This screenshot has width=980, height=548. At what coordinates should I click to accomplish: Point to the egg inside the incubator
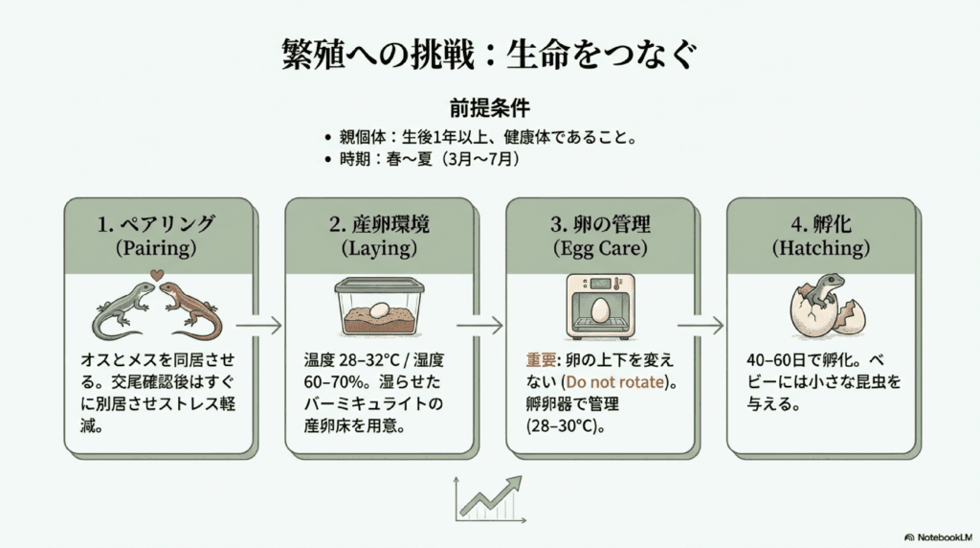click(599, 309)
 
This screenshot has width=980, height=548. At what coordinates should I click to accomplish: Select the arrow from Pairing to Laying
click(258, 326)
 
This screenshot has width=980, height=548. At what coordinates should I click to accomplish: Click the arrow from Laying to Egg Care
click(479, 326)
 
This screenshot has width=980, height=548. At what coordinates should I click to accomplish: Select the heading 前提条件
click(489, 106)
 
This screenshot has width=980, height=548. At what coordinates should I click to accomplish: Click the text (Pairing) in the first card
click(159, 248)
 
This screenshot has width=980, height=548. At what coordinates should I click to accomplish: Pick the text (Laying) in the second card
click(380, 248)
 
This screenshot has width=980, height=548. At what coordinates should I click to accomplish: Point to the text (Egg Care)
click(601, 248)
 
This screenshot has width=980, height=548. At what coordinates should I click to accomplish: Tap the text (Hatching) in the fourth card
click(823, 248)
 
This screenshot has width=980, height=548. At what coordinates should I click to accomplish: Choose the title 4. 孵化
click(823, 225)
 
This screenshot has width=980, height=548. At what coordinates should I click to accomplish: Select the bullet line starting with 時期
click(422, 159)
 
